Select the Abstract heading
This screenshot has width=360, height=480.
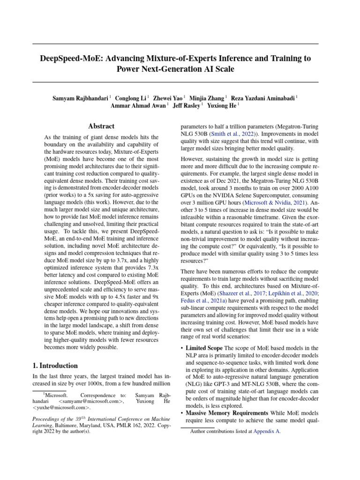coord(101,126)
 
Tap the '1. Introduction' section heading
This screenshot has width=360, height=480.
coord(55,366)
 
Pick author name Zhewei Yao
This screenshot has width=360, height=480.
coord(168,98)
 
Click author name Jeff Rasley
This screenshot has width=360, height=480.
coord(187,106)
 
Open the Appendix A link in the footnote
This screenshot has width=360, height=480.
coord(267,432)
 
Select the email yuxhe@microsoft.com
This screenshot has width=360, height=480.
coord(60,408)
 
